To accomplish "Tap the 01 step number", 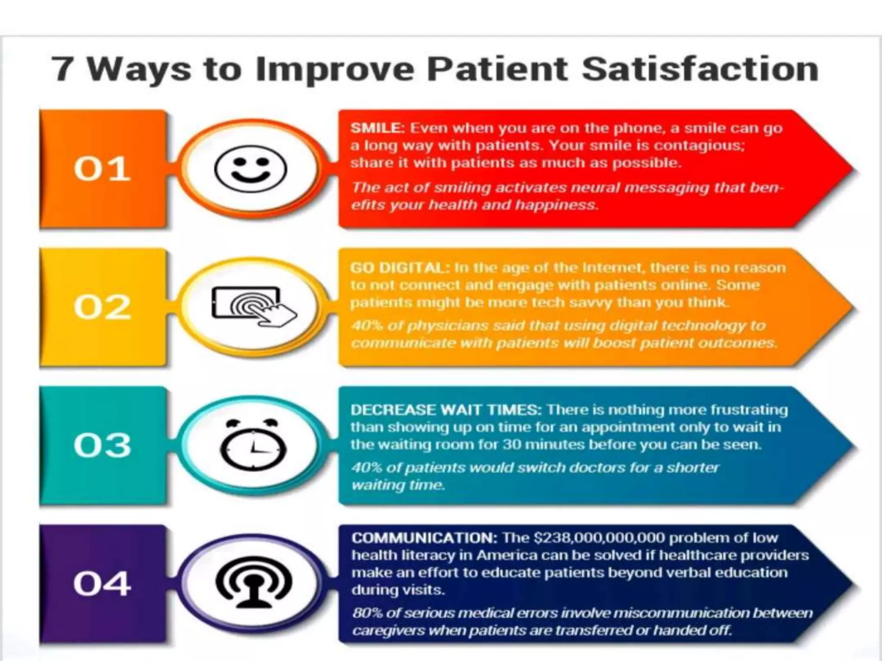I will click(102, 169).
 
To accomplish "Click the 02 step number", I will click(102, 307).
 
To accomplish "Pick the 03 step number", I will click(102, 445).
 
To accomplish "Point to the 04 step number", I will click(102, 584).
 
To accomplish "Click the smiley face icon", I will click(250, 169).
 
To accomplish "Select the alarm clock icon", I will click(253, 445).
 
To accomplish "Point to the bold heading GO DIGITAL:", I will click(400, 268).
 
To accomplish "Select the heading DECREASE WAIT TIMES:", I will click(446, 410).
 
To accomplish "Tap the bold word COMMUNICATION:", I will click(424, 538).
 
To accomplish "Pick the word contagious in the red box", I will click(699, 145).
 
